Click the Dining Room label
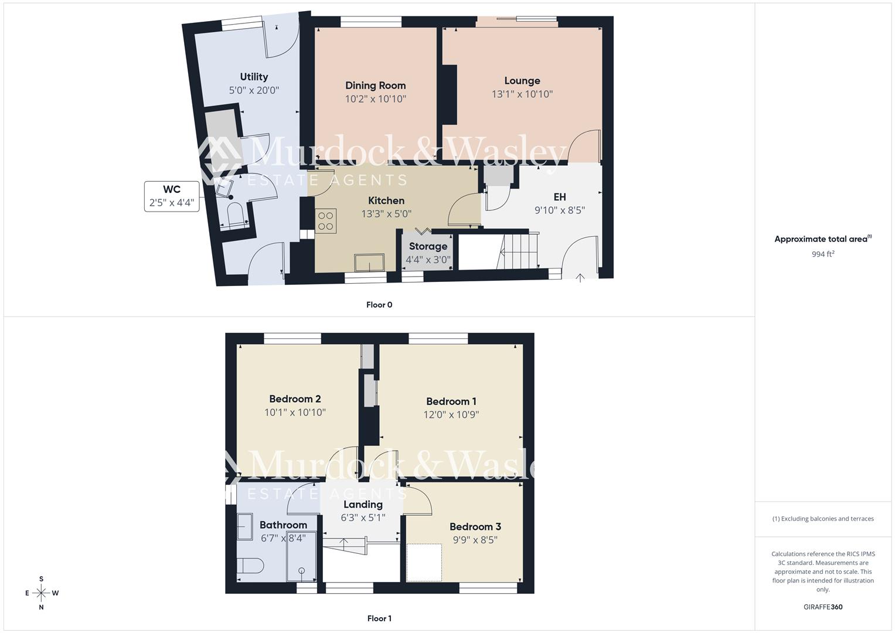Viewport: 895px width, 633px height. (375, 86)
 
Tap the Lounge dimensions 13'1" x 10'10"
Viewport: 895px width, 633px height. (522, 94)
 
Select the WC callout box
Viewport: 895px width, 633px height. (172, 196)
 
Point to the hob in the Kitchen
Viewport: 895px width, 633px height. (326, 221)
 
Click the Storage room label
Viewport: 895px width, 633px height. (428, 246)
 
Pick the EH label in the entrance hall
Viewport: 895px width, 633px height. (559, 197)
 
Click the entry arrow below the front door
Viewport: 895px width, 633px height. (580, 278)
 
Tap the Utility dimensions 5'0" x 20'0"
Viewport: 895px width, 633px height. (254, 90)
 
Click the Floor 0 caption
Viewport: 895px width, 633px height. (379, 305)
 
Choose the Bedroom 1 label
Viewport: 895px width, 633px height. (451, 401)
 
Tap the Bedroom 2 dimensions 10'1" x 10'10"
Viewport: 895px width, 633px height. (295, 413)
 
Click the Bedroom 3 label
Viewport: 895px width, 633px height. (475, 526)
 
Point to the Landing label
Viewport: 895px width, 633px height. (363, 505)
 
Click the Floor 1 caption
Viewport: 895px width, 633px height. (379, 618)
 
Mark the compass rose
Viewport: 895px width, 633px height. (41, 593)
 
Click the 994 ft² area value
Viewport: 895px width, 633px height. (823, 254)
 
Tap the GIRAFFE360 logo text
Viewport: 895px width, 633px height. (823, 607)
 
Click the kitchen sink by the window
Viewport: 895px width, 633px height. (369, 263)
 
